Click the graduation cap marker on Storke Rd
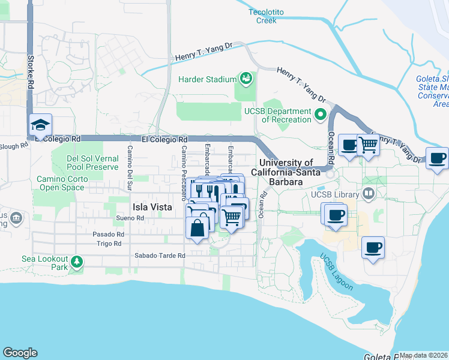click(x=41, y=125)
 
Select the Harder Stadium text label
click(x=206, y=79)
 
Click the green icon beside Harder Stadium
click(x=246, y=78)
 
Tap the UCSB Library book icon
click(x=368, y=194)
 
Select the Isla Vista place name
click(x=152, y=207)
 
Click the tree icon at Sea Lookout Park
click(x=76, y=262)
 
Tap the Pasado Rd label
click(x=108, y=234)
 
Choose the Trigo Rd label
click(x=109, y=244)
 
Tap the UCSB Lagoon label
click(x=336, y=272)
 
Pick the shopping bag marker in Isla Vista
click(x=197, y=228)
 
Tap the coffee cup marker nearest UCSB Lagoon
click(x=373, y=247)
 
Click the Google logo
click(x=20, y=353)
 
